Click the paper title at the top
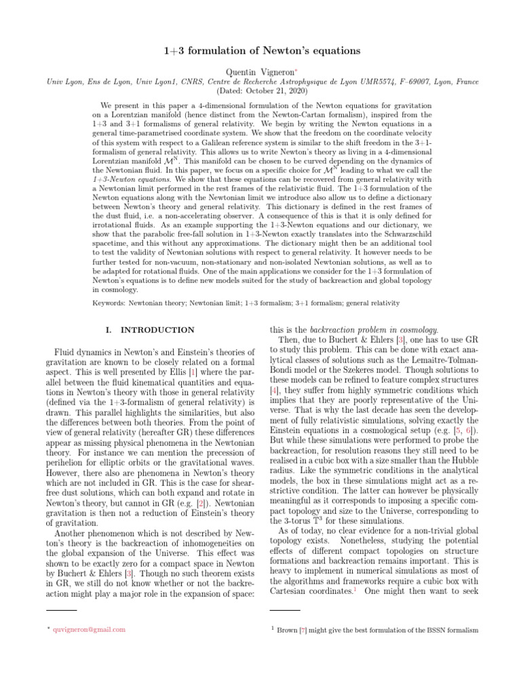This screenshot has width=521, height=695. pos(260,52)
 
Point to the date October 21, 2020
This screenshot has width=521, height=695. pos(260,90)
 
